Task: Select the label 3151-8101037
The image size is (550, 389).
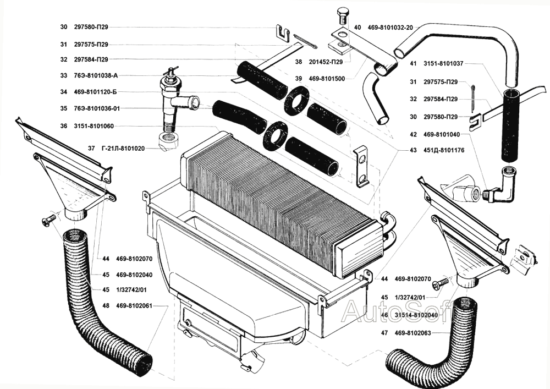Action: pos(444,63)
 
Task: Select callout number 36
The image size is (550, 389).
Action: pos(64,126)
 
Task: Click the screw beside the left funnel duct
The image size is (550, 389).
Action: pos(47,220)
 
